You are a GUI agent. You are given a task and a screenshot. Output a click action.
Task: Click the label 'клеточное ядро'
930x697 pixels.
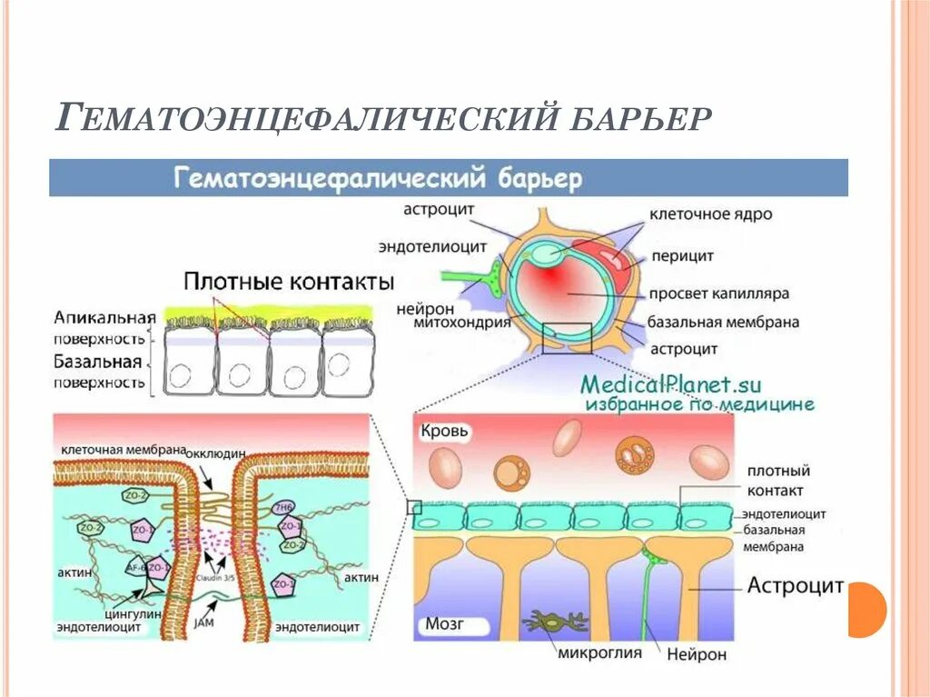point(710,215)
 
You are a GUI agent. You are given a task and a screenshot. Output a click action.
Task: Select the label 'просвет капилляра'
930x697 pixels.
point(718,294)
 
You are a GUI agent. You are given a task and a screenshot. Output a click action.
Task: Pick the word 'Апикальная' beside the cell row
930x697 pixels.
point(104,318)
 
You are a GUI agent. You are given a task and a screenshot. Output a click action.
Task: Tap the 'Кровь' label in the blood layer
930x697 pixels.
point(444,432)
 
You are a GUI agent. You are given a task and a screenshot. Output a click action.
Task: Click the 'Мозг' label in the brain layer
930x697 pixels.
point(445,625)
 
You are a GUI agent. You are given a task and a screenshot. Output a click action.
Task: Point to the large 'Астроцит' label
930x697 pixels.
point(796,585)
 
